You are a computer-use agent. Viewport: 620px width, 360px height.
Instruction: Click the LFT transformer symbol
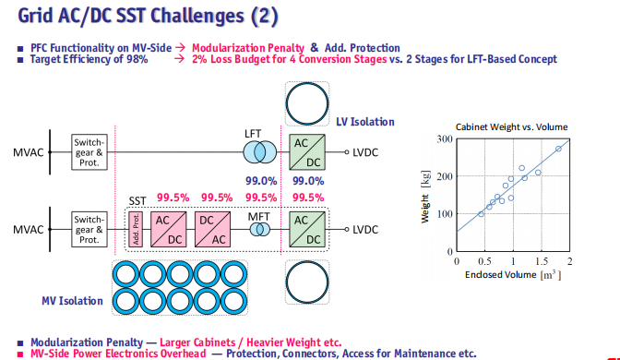pyautogui.click(x=260, y=152)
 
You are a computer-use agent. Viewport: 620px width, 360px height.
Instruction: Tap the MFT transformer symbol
pyautogui.click(x=260, y=230)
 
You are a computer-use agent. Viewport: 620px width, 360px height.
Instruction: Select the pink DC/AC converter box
pyautogui.click(x=213, y=230)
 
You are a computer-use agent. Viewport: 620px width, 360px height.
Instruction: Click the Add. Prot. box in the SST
pyautogui.click(x=136, y=230)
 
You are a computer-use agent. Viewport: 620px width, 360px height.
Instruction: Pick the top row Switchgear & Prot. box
pyautogui.click(x=89, y=152)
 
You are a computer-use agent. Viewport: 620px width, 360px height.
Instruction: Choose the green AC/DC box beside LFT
pyautogui.click(x=307, y=152)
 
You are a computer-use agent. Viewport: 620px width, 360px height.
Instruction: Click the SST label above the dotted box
pyautogui.click(x=137, y=201)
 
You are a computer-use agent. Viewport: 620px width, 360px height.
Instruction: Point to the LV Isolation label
pyautogui.click(x=365, y=122)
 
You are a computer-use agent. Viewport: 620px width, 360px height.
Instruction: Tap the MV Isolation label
pyautogui.click(x=72, y=301)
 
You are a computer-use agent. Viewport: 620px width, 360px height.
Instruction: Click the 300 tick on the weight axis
pyautogui.click(x=445, y=138)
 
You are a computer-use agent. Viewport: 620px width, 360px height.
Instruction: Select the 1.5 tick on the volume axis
pyautogui.click(x=542, y=261)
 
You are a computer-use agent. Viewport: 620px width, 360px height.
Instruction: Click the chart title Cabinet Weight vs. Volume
pyautogui.click(x=512, y=127)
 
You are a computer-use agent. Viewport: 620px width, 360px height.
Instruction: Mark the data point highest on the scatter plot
pyautogui.click(x=558, y=149)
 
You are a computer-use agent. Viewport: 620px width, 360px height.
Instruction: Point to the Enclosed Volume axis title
pyautogui.click(x=513, y=274)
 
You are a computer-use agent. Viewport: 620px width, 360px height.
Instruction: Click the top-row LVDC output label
pyautogui.click(x=365, y=152)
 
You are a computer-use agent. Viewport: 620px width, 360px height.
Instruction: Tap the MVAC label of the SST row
pyautogui.click(x=28, y=230)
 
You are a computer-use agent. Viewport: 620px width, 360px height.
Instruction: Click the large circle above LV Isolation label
pyautogui.click(x=307, y=103)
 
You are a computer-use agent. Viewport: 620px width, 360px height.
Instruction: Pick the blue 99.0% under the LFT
pyautogui.click(x=261, y=181)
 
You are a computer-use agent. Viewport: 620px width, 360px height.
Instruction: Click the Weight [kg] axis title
pyautogui.click(x=425, y=197)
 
